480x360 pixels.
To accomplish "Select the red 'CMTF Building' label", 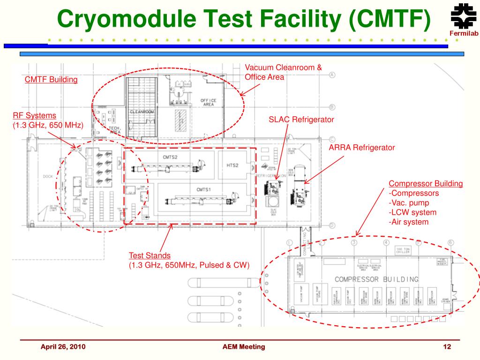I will [x=51, y=80].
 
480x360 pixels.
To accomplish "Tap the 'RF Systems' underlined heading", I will [x=34, y=115].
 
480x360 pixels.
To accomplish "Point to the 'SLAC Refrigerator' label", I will [x=301, y=120].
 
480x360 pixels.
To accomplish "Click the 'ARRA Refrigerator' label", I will [x=362, y=148].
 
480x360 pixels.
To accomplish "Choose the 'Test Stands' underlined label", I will [x=150, y=255].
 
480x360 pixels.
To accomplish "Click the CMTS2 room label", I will [x=170, y=157].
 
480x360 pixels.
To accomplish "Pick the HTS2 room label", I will [x=233, y=165].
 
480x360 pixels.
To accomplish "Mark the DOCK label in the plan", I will [x=48, y=177].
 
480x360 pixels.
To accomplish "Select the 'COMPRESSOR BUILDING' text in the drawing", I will [x=376, y=279].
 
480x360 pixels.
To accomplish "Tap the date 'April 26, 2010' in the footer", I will [x=63, y=347].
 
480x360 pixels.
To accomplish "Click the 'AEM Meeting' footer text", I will [x=244, y=347].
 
